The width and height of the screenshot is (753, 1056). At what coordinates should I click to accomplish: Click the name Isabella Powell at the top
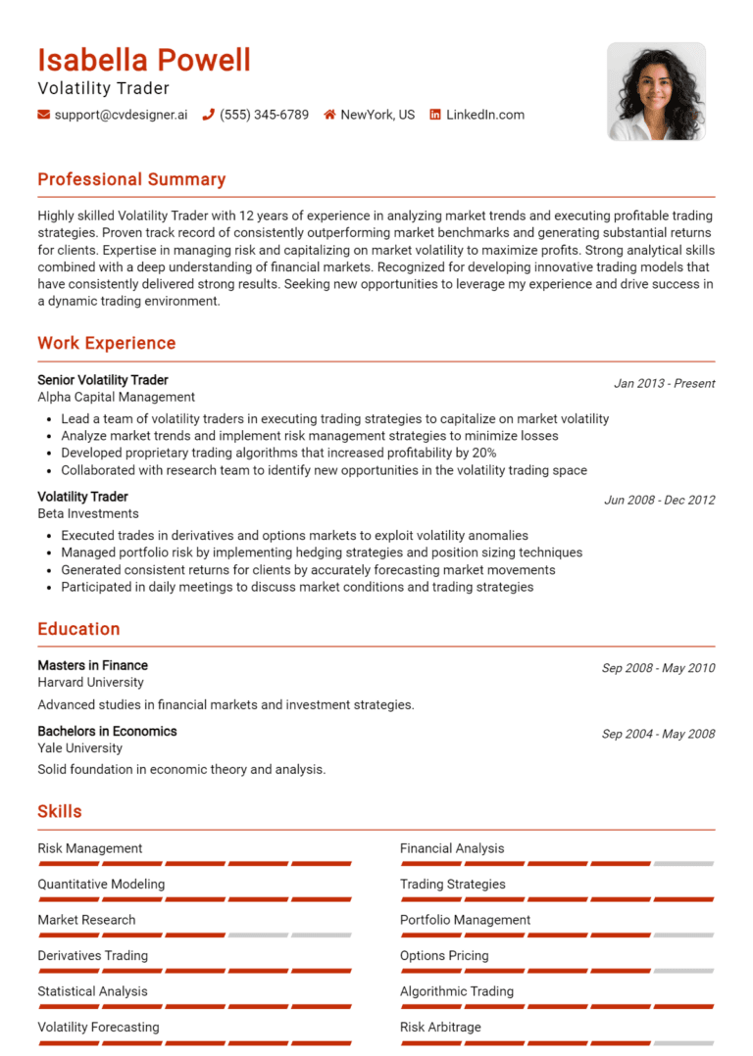(144, 61)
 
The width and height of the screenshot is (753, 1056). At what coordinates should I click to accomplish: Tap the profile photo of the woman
(656, 91)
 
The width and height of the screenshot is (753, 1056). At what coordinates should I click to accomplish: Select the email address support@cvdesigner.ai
(121, 115)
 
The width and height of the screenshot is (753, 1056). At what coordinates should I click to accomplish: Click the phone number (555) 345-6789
(264, 115)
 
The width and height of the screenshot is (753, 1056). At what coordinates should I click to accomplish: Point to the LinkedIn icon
(435, 115)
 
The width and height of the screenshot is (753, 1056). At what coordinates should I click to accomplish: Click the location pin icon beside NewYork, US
(330, 115)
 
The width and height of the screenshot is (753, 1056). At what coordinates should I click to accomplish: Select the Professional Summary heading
(131, 179)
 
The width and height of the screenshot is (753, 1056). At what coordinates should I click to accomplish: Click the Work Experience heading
(107, 343)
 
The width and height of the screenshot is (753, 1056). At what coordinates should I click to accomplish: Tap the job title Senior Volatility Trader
(103, 380)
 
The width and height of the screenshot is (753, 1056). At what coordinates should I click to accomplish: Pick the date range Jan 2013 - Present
(664, 383)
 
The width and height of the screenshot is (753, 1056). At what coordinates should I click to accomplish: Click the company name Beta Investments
(88, 513)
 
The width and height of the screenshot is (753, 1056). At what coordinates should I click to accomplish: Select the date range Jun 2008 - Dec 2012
(659, 500)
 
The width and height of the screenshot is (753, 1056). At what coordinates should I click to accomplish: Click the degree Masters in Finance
(93, 665)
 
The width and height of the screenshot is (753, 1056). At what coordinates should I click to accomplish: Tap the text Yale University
(80, 748)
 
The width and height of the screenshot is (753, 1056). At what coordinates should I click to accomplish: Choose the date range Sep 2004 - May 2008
(658, 734)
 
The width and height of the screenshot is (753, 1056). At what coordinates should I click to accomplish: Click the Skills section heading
(60, 811)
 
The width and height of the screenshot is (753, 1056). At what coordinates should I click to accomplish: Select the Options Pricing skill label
(444, 955)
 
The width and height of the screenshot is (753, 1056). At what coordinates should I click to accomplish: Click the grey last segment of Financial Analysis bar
(683, 864)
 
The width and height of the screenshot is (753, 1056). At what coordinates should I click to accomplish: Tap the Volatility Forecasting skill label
(98, 1027)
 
